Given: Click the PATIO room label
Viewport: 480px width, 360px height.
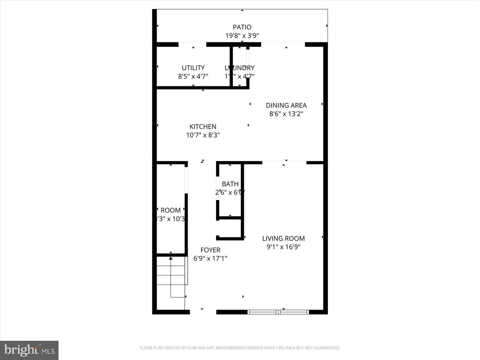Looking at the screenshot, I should tap(242, 27).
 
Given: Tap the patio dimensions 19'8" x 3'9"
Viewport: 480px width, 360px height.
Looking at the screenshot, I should tap(242, 36).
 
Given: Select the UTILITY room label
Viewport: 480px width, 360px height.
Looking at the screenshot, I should tap(193, 68).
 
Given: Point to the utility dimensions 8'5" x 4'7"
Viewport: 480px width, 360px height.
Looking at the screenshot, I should tap(193, 76).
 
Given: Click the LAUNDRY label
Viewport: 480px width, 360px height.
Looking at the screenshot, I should tap(239, 68).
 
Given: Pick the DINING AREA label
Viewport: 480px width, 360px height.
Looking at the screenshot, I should tap(286, 105).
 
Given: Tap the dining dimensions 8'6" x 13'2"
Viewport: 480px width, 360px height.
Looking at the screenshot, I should tap(286, 114).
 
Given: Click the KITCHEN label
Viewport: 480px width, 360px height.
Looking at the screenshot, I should tap(203, 127).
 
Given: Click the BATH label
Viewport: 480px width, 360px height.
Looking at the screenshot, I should tap(230, 184).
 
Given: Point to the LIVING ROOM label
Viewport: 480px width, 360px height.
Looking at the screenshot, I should tap(283, 238).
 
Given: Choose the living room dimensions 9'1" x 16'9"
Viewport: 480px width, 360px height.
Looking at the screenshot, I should tap(283, 247).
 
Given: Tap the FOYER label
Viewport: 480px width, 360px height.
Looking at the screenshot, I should tap(210, 250).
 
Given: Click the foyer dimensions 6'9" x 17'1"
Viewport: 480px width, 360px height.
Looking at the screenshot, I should tap(210, 258).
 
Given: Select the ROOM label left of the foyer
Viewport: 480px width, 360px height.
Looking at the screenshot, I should tap(170, 210).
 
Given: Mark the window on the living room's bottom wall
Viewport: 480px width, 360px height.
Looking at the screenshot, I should tap(278, 312).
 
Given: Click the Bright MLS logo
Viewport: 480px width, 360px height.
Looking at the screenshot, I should tap(29, 350).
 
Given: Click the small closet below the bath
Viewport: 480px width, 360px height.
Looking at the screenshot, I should tap(230, 228).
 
